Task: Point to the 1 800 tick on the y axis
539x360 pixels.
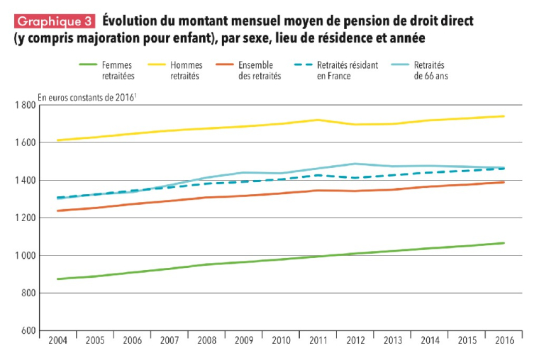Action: pos(25,106)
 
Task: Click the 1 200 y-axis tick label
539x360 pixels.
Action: pos(25,218)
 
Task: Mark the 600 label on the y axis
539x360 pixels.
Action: pos(29,330)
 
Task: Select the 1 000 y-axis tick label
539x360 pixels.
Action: pos(25,255)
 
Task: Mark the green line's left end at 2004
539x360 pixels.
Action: pos(57,279)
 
